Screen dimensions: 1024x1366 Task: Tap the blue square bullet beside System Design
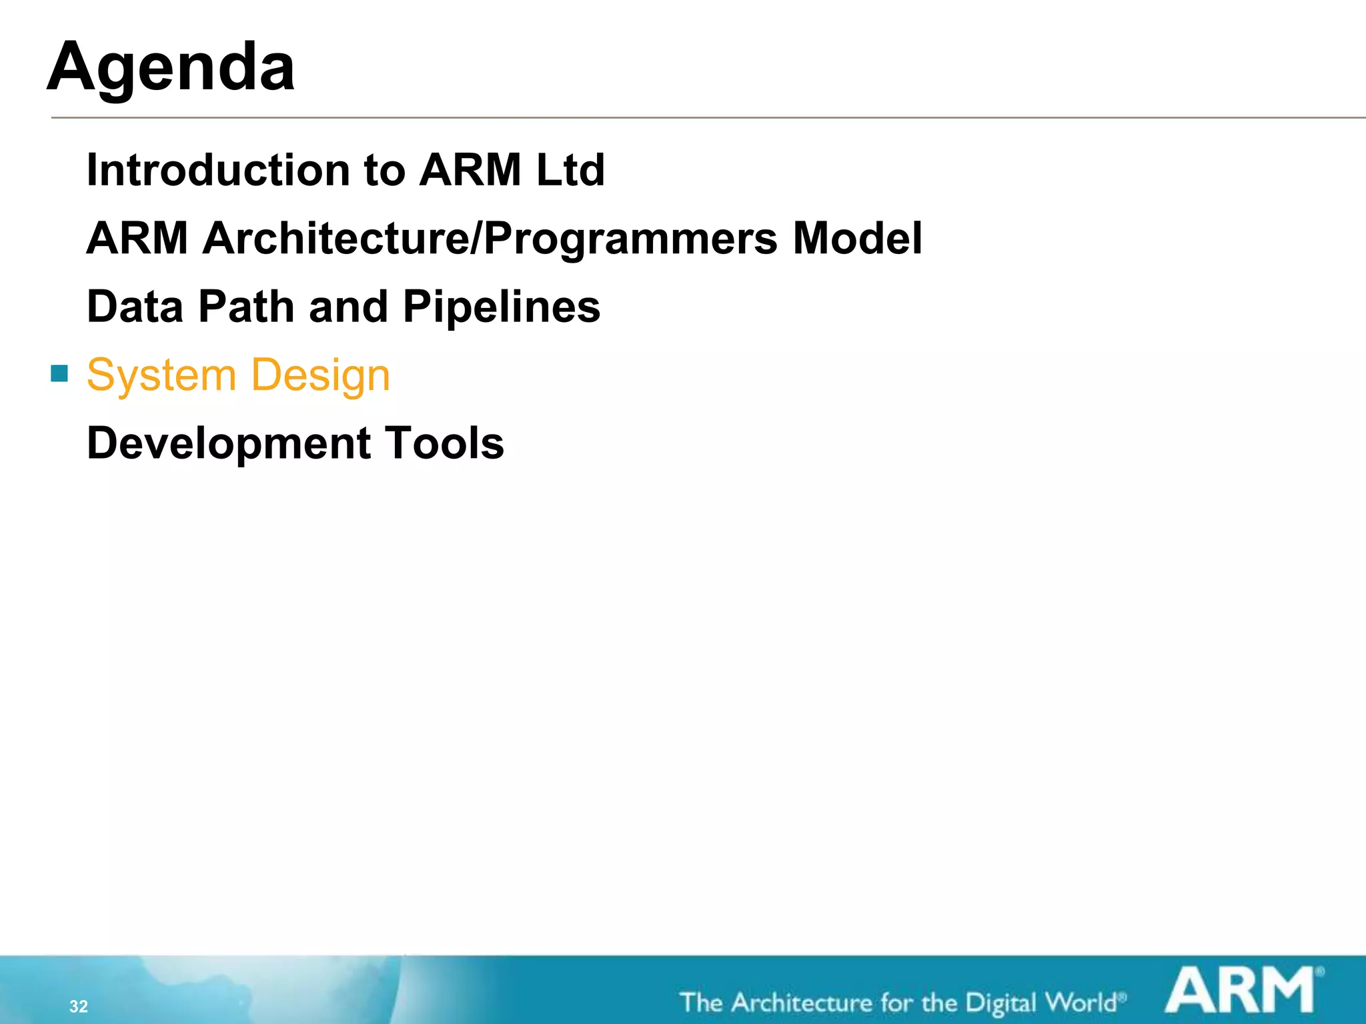coord(59,373)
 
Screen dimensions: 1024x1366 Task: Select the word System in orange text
coord(161,376)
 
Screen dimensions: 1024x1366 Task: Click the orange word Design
coord(321,376)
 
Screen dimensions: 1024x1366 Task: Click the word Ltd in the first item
coord(570,170)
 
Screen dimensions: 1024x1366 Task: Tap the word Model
coord(857,239)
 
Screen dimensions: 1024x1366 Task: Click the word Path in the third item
coord(246,307)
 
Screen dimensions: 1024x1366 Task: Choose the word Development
coord(229,444)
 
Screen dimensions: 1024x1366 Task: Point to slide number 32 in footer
coord(79,1006)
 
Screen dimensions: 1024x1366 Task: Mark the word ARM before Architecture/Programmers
coord(137,239)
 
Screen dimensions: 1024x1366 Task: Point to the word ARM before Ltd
coord(470,170)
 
